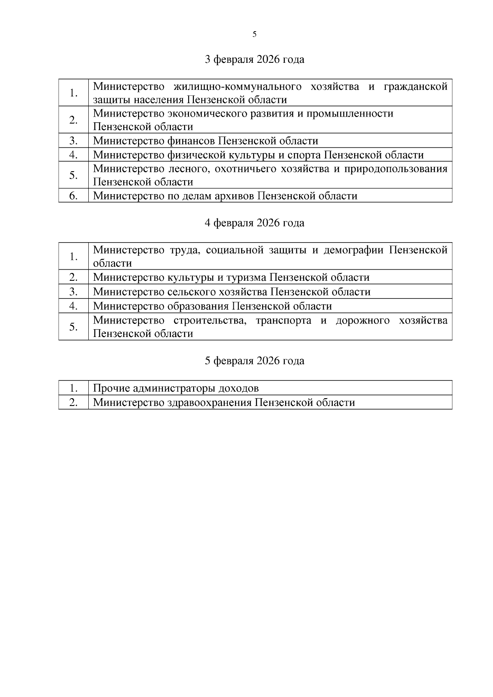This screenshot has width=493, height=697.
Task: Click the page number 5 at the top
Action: tap(254, 34)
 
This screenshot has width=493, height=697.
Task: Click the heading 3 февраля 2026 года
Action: tap(254, 60)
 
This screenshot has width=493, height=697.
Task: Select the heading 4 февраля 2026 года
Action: tap(254, 223)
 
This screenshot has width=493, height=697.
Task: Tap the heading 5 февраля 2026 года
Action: tap(254, 361)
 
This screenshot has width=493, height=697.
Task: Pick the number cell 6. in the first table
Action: tap(74, 196)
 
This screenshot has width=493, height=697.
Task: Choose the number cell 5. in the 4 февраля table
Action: tap(74, 327)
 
